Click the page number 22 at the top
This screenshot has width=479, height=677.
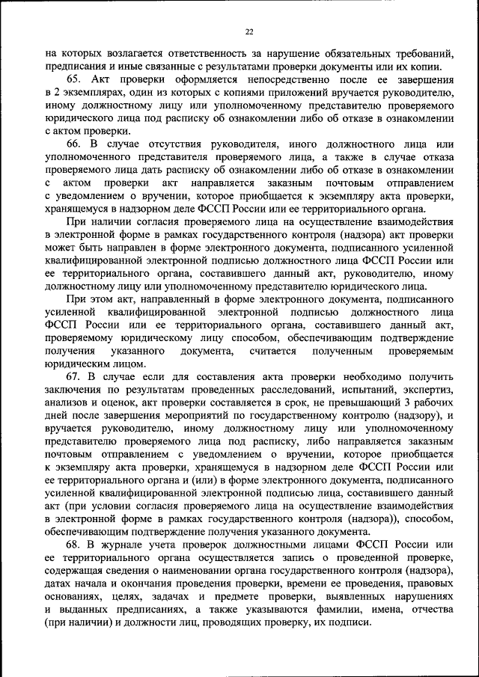tap(249, 31)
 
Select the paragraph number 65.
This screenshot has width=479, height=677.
tap(73, 80)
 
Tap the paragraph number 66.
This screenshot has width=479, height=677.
tap(73, 143)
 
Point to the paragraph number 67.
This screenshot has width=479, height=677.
tap(73, 376)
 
